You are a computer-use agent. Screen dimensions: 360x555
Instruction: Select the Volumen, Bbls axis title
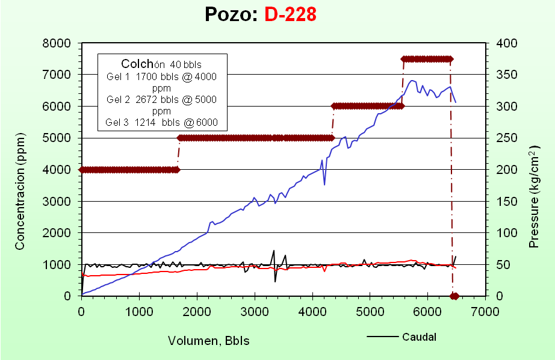click(x=208, y=341)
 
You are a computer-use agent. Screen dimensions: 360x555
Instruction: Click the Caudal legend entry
click(x=419, y=337)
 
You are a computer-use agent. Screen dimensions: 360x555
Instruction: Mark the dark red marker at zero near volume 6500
click(x=454, y=296)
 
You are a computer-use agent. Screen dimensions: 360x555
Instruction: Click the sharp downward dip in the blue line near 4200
click(x=324, y=184)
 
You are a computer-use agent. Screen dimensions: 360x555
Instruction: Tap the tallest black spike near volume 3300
click(x=274, y=251)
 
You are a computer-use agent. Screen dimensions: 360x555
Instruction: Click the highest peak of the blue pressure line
click(x=412, y=80)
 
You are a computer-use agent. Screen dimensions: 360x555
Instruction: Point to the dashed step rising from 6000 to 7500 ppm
click(x=402, y=82)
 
